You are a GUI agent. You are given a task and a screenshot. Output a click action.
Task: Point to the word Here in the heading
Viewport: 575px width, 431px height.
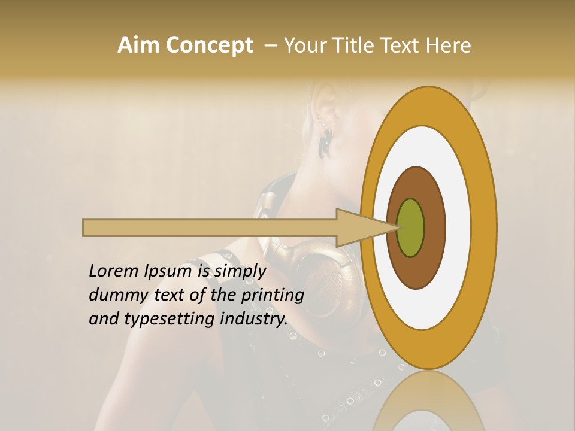(449, 45)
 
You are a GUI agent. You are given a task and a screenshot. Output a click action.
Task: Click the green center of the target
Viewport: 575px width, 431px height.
(411, 227)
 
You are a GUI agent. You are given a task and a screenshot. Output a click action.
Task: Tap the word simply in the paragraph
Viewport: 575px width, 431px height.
(240, 272)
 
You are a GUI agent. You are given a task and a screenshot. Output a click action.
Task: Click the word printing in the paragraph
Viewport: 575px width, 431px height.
(273, 295)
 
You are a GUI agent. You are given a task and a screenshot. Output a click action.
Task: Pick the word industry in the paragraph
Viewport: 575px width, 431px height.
(254, 318)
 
